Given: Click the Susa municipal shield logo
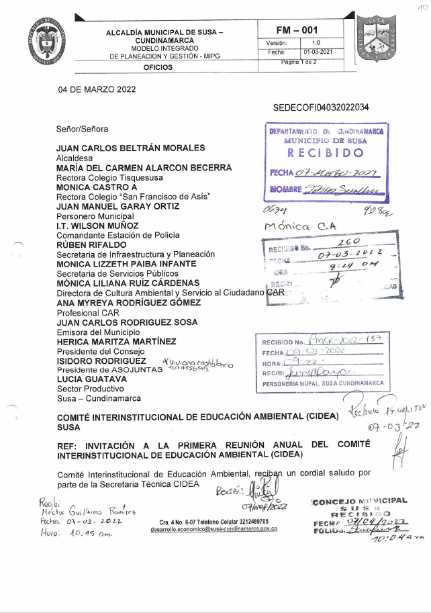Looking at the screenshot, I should [380, 40].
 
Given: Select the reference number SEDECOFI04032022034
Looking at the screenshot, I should [321, 107].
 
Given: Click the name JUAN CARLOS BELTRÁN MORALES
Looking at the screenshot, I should [130, 148].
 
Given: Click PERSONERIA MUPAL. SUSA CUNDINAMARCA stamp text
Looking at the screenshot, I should [322, 383].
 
